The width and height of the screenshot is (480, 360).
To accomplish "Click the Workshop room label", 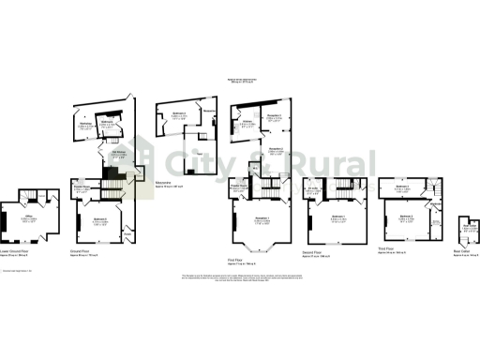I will [x=84, y=126].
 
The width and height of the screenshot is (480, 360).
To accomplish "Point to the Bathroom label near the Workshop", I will [x=107, y=122].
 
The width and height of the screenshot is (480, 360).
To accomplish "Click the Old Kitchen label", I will [x=120, y=155].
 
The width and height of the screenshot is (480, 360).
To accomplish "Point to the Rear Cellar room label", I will [x=470, y=226].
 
